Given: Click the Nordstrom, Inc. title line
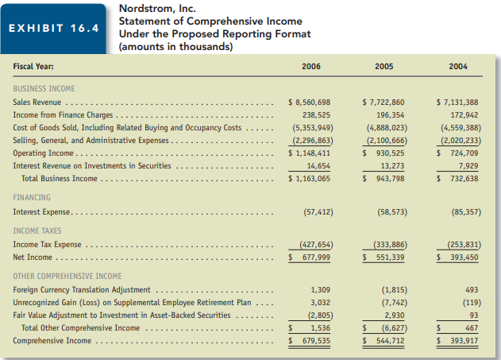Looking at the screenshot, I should click(156, 9).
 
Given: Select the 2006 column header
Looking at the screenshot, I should click(312, 67).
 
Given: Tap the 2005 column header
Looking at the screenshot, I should click(384, 67).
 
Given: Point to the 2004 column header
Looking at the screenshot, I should click(457, 67).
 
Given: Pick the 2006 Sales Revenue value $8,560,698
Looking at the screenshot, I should click(308, 103).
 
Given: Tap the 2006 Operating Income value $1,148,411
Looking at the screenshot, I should click(308, 153).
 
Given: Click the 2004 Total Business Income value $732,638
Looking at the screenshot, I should click(457, 178).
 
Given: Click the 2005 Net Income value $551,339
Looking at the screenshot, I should click(383, 257).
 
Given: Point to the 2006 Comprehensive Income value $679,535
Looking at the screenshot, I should click(308, 340).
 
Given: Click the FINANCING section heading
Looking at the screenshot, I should click(32, 197).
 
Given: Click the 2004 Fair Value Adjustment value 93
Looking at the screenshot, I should click(472, 315).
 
